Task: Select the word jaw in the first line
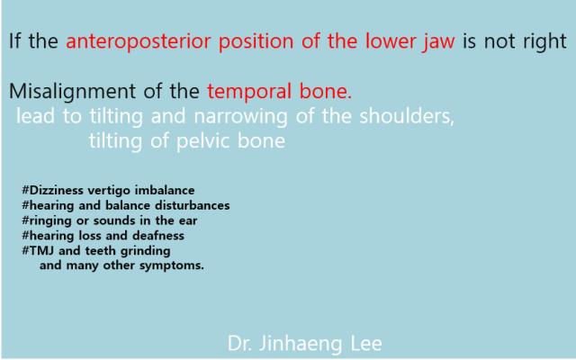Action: [x=438, y=42]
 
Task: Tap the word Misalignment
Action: [x=72, y=92]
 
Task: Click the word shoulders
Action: [x=407, y=116]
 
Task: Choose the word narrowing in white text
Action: [x=240, y=117]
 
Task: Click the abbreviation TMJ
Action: [x=39, y=250]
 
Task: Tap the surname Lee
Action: [x=366, y=344]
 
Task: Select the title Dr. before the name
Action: [x=240, y=344]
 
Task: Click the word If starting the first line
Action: [x=14, y=41]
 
